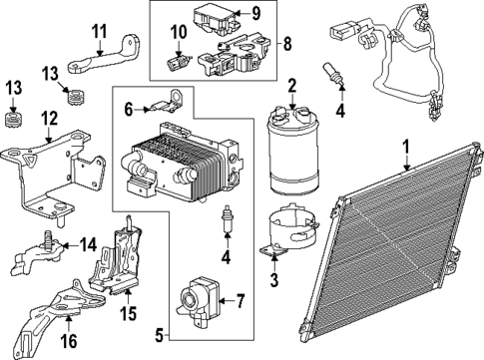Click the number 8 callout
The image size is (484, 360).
coord(287,44)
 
